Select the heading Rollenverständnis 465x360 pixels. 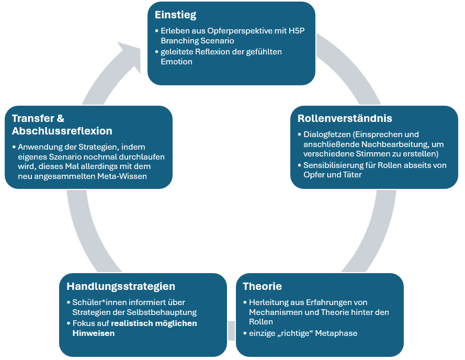coord(345,118)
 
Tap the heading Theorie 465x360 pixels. coord(262,286)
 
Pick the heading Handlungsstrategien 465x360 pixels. coord(121,286)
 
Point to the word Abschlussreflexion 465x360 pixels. coord(62,131)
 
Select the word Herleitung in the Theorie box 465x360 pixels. coord(269,302)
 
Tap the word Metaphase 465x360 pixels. coord(336,333)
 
